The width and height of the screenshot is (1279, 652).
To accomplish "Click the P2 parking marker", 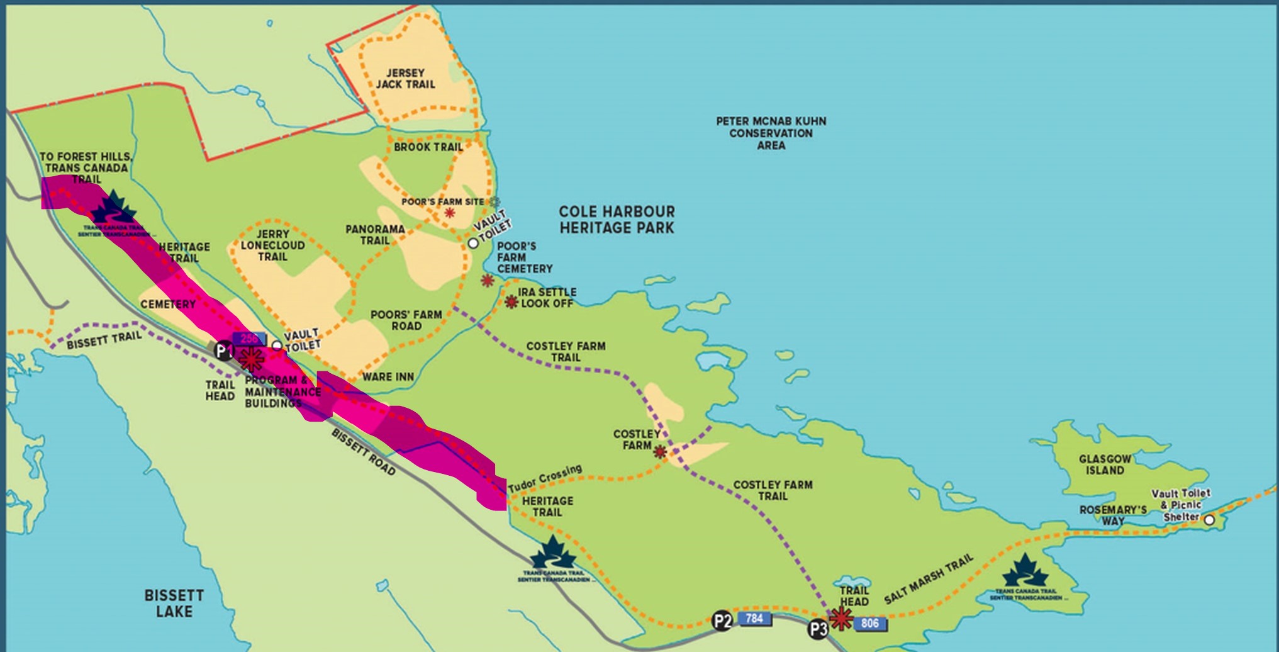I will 722,621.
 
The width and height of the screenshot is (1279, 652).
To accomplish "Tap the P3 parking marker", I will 818,628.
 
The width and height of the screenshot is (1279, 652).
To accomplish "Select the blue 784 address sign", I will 754,618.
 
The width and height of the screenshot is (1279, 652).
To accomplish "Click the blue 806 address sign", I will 869,623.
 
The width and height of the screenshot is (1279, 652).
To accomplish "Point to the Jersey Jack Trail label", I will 405,79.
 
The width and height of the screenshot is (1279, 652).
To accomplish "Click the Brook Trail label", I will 428,147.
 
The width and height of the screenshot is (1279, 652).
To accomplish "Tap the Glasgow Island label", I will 1105,464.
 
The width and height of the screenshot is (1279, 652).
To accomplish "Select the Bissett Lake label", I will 174,603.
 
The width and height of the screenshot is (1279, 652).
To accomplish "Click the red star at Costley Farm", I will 660,451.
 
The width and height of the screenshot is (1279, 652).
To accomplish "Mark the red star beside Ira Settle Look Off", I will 511,302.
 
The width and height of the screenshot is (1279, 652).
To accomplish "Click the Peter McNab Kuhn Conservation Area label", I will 771,133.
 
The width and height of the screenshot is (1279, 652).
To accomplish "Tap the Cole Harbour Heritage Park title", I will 617,220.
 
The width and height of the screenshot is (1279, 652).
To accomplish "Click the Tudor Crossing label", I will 545,479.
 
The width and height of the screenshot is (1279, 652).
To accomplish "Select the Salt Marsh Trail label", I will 928,579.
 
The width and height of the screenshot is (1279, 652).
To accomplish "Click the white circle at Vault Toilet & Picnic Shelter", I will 1209,520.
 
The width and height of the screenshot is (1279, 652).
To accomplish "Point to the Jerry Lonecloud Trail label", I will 272,245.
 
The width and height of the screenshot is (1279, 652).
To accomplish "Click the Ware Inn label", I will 388,376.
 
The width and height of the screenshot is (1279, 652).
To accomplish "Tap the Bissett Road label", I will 364,452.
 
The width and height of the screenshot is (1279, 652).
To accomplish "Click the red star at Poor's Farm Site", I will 449,213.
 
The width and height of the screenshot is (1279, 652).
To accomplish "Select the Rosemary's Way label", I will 1113,515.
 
